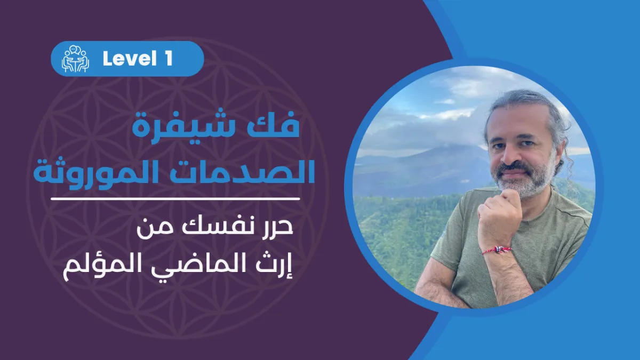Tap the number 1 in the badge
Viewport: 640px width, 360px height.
(x=168, y=59)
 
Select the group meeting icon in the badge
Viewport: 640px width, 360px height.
(x=75, y=59)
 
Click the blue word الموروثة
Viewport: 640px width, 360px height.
(x=105, y=171)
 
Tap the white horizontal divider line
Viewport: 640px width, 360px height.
(x=175, y=198)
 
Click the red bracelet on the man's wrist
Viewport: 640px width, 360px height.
(x=497, y=250)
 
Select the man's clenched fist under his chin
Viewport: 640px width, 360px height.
(x=501, y=211)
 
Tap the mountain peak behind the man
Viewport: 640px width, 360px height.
(x=446, y=147)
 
